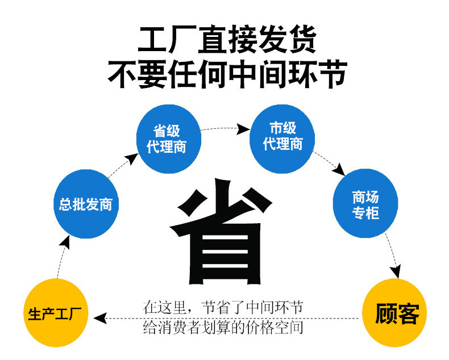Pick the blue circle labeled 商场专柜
pyautogui.click(x=365, y=204)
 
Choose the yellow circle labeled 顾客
pyautogui.click(x=396, y=313)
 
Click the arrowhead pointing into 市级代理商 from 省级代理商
pyautogui.click(x=244, y=129)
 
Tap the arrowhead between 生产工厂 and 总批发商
pyautogui.click(x=65, y=242)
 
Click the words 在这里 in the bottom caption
pyautogui.click(x=165, y=308)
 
